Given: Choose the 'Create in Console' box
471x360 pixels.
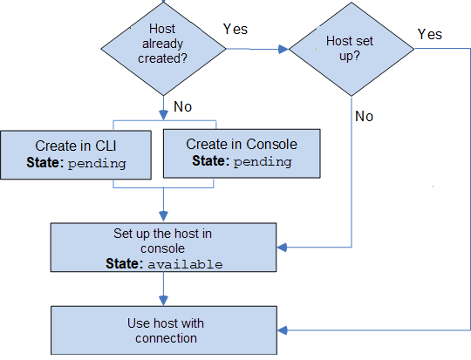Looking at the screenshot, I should [242, 153].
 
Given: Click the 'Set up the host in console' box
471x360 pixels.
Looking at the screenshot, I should [163, 248].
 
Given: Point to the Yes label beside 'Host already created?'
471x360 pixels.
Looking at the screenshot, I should [235, 29].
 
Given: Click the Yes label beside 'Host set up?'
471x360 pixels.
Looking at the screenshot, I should [429, 34].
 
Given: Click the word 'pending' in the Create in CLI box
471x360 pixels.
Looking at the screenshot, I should [98, 163].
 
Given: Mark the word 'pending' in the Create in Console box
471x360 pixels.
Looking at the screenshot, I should [262, 161].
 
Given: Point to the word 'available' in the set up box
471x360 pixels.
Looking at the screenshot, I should [184, 263].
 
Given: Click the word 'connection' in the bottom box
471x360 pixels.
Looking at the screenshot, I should [166, 338].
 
